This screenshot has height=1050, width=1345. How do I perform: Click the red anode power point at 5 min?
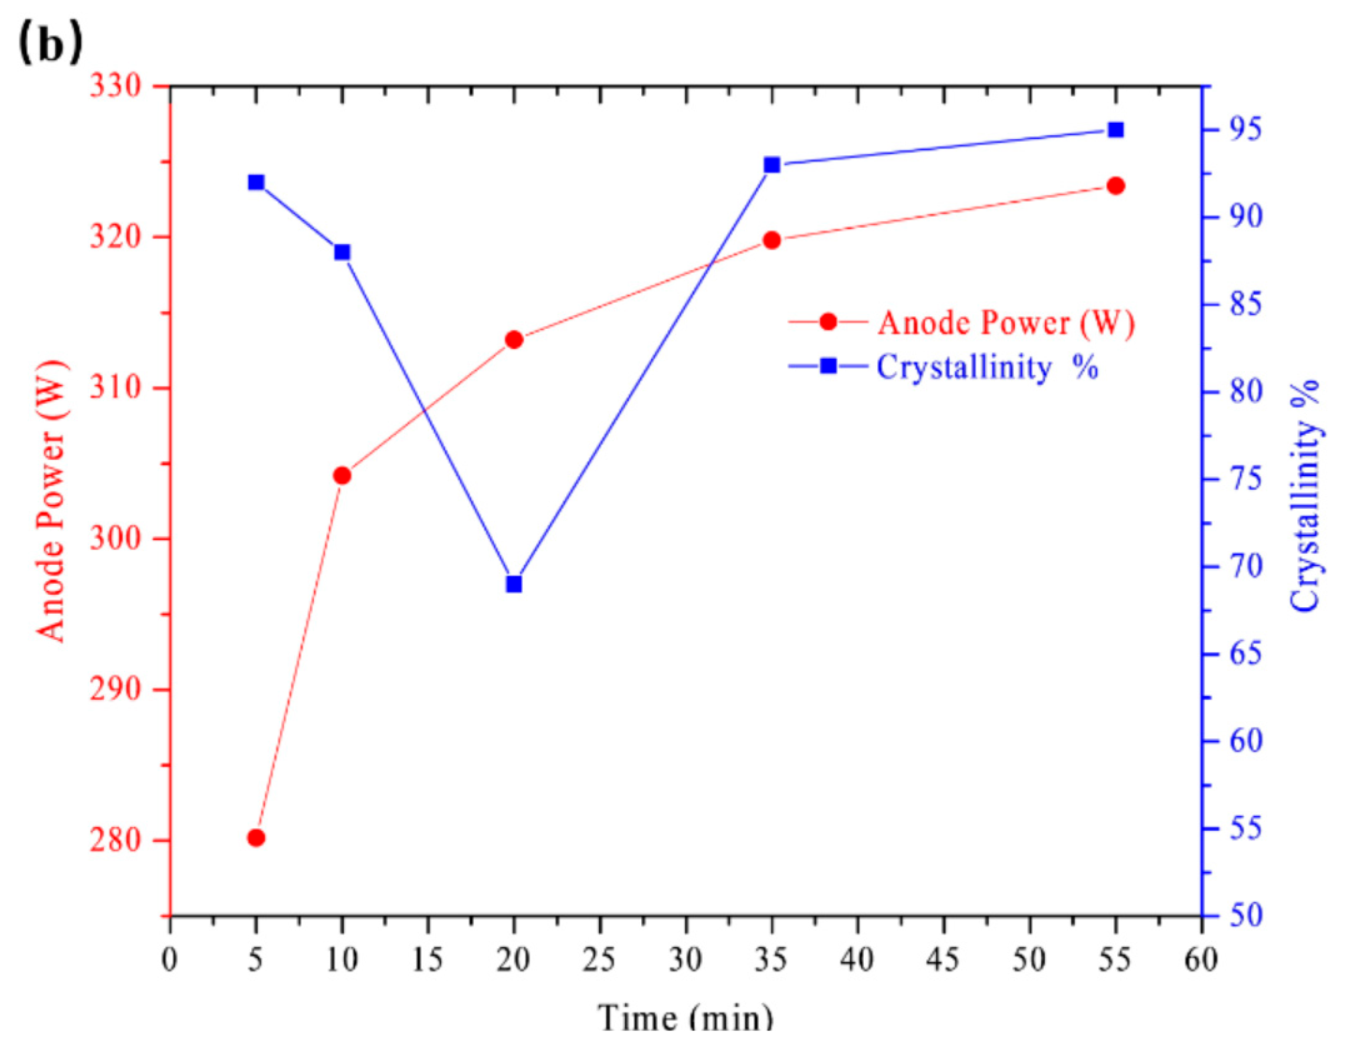[x=256, y=838]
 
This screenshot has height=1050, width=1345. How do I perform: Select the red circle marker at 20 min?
[x=514, y=340]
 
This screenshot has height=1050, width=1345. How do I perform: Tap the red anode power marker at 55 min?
[x=1115, y=186]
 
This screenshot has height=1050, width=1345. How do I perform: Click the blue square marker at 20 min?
[x=514, y=584]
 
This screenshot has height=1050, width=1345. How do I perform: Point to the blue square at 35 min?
[x=771, y=165]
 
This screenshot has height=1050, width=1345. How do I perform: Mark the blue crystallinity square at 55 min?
[x=1115, y=130]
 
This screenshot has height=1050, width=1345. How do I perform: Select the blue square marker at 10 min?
[x=342, y=252]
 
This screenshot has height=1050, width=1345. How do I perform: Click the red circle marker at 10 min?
[x=342, y=475]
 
